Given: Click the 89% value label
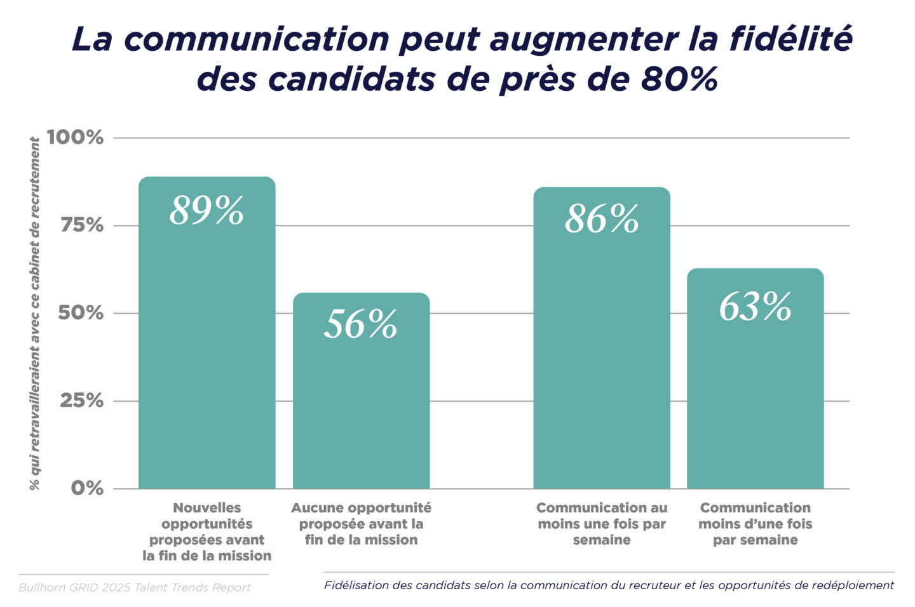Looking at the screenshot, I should [x=207, y=211].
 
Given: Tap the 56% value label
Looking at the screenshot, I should [x=360, y=324].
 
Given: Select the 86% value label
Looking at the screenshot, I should [x=602, y=220].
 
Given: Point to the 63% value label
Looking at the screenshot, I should [x=755, y=307].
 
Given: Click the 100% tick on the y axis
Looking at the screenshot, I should [x=75, y=137].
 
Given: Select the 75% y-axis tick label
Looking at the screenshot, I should [x=81, y=225].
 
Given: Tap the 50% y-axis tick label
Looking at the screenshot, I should [x=81, y=312].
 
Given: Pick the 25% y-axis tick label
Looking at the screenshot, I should [x=81, y=400].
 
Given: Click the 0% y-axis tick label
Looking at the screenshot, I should [x=87, y=488].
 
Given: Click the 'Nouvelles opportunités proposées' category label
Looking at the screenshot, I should [x=207, y=531].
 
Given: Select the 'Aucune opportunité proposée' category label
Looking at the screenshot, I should [x=361, y=524].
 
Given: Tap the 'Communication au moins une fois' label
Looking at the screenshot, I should [x=602, y=524].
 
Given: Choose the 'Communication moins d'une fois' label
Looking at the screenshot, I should [x=755, y=524].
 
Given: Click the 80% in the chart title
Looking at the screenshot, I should [x=679, y=79].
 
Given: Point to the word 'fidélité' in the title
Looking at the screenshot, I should [x=790, y=39].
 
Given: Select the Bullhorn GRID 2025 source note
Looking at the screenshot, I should [x=135, y=587].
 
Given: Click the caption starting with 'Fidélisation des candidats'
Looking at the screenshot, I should [x=609, y=585].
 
